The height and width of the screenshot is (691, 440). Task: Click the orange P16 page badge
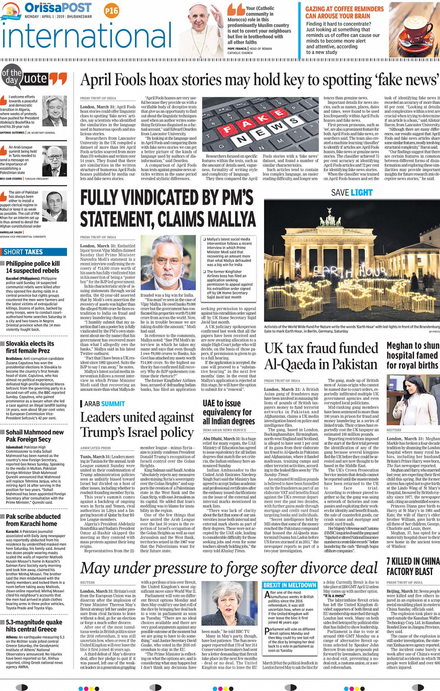(111, 11)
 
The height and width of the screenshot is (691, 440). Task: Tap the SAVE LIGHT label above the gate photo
(352, 192)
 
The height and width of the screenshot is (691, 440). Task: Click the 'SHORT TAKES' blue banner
(34, 252)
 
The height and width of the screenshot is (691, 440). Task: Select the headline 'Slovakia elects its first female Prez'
(30, 347)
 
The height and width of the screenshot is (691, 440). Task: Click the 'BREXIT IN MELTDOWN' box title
(290, 585)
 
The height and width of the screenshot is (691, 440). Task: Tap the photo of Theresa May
(230, 603)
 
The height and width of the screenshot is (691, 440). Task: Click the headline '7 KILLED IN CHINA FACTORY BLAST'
(413, 566)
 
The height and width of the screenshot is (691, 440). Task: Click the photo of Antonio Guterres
(54, 111)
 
